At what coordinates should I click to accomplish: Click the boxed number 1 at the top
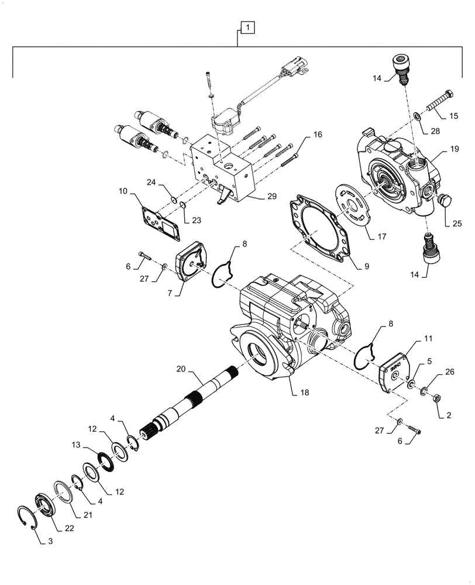[x=247, y=27]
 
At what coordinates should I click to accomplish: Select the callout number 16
[x=317, y=135]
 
